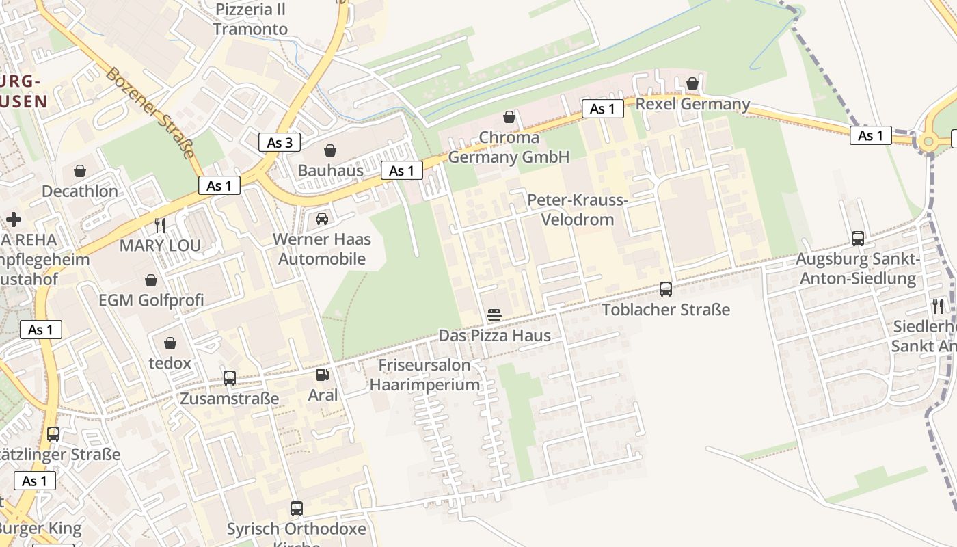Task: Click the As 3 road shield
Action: (x=280, y=142)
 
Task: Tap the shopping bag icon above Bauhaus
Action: (x=330, y=150)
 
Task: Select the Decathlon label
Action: (x=80, y=191)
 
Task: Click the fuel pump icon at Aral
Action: (x=322, y=375)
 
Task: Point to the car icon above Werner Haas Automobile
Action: (x=322, y=219)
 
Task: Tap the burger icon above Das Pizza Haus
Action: (x=494, y=315)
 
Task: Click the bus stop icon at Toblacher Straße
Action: (x=666, y=289)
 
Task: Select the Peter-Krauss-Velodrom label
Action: (x=578, y=210)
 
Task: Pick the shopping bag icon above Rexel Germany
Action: (x=692, y=83)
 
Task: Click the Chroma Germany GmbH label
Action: (x=509, y=148)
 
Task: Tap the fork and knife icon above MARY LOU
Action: (x=160, y=225)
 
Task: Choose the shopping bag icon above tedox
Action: (x=170, y=343)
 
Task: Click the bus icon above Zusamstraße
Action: (x=230, y=378)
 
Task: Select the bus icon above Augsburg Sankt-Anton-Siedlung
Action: (x=858, y=239)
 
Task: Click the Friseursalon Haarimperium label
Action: (x=424, y=375)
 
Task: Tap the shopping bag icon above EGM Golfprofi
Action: (x=151, y=280)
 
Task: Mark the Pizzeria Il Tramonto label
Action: (x=250, y=19)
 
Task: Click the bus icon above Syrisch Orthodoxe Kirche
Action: (x=296, y=509)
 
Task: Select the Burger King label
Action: (x=40, y=529)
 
